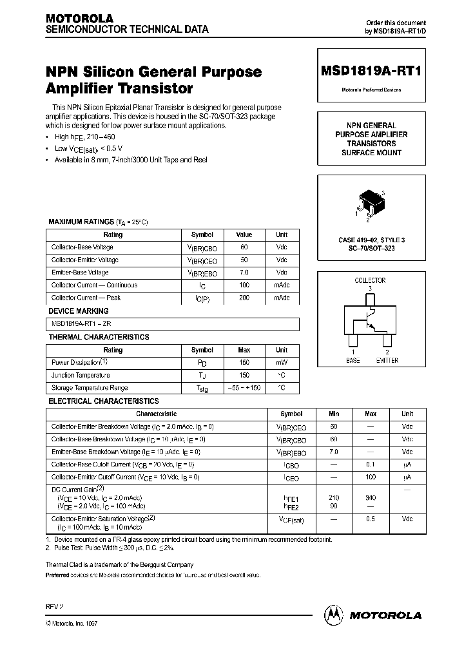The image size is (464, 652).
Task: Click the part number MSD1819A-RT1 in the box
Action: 371,72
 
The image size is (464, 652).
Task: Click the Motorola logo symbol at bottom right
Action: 334,615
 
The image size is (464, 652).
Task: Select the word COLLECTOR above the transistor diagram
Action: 370,280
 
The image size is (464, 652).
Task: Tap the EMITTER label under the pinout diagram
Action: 387,361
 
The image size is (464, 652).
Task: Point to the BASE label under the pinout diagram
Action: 353,361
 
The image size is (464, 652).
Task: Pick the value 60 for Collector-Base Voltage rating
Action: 244,247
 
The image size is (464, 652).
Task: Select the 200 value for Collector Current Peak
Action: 244,298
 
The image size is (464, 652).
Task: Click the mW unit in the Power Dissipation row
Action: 282,363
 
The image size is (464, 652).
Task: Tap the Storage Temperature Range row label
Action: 90,388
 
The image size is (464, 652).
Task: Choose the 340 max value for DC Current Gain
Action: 371,498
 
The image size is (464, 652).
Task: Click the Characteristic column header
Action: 157,414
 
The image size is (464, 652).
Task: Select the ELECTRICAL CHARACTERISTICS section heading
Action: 104,401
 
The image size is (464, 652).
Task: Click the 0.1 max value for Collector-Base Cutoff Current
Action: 371,465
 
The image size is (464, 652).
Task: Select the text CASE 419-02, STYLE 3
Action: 371,240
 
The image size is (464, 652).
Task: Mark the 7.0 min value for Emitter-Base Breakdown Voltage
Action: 334,452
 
